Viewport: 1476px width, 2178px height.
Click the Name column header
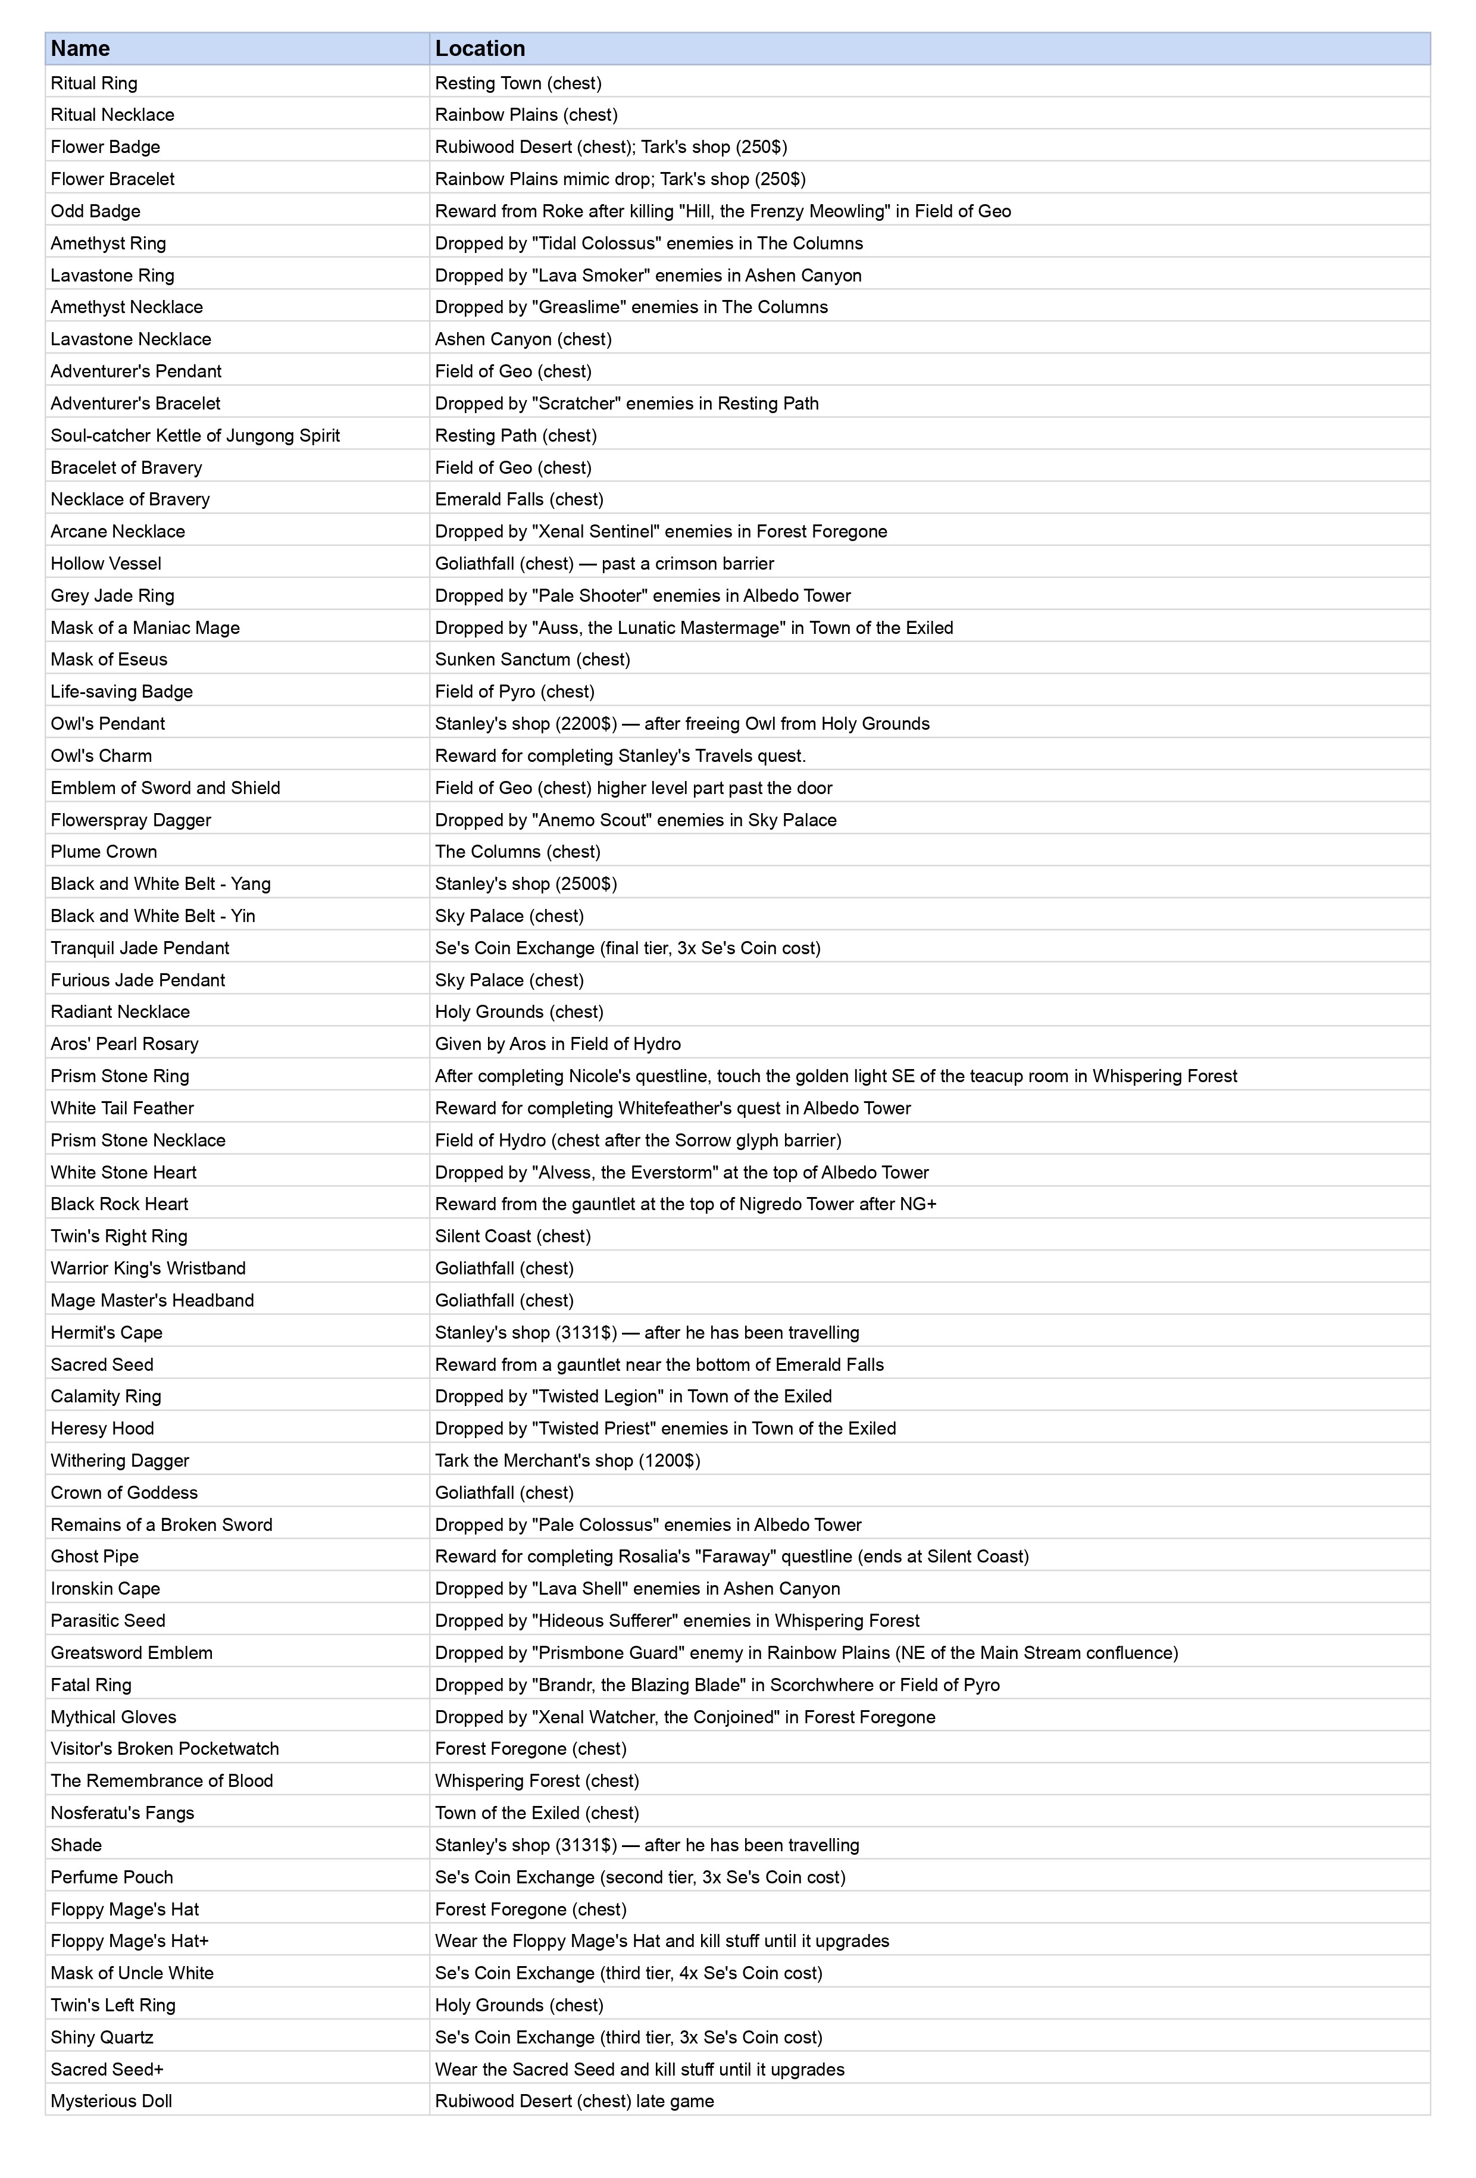click(x=80, y=49)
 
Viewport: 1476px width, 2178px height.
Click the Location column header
click(x=479, y=49)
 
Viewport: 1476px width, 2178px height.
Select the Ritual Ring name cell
click(x=93, y=83)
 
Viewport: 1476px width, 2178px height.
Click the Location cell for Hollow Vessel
click(x=603, y=563)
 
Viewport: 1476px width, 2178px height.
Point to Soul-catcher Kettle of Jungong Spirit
click(x=195, y=435)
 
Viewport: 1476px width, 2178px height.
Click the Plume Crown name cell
click(x=103, y=851)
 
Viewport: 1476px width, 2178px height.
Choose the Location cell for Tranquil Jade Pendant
click(x=627, y=948)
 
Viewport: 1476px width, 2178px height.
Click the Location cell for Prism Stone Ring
click(x=835, y=1076)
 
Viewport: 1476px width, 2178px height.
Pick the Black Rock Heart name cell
click(x=119, y=1204)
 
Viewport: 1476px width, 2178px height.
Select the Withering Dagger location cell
click(x=567, y=1460)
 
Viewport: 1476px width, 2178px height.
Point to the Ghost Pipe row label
click(x=93, y=1556)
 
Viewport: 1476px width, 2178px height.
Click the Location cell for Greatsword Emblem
click(x=806, y=1652)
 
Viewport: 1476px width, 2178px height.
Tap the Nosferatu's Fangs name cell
click(x=122, y=1813)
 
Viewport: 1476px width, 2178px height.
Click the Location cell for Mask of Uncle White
click(x=628, y=1973)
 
